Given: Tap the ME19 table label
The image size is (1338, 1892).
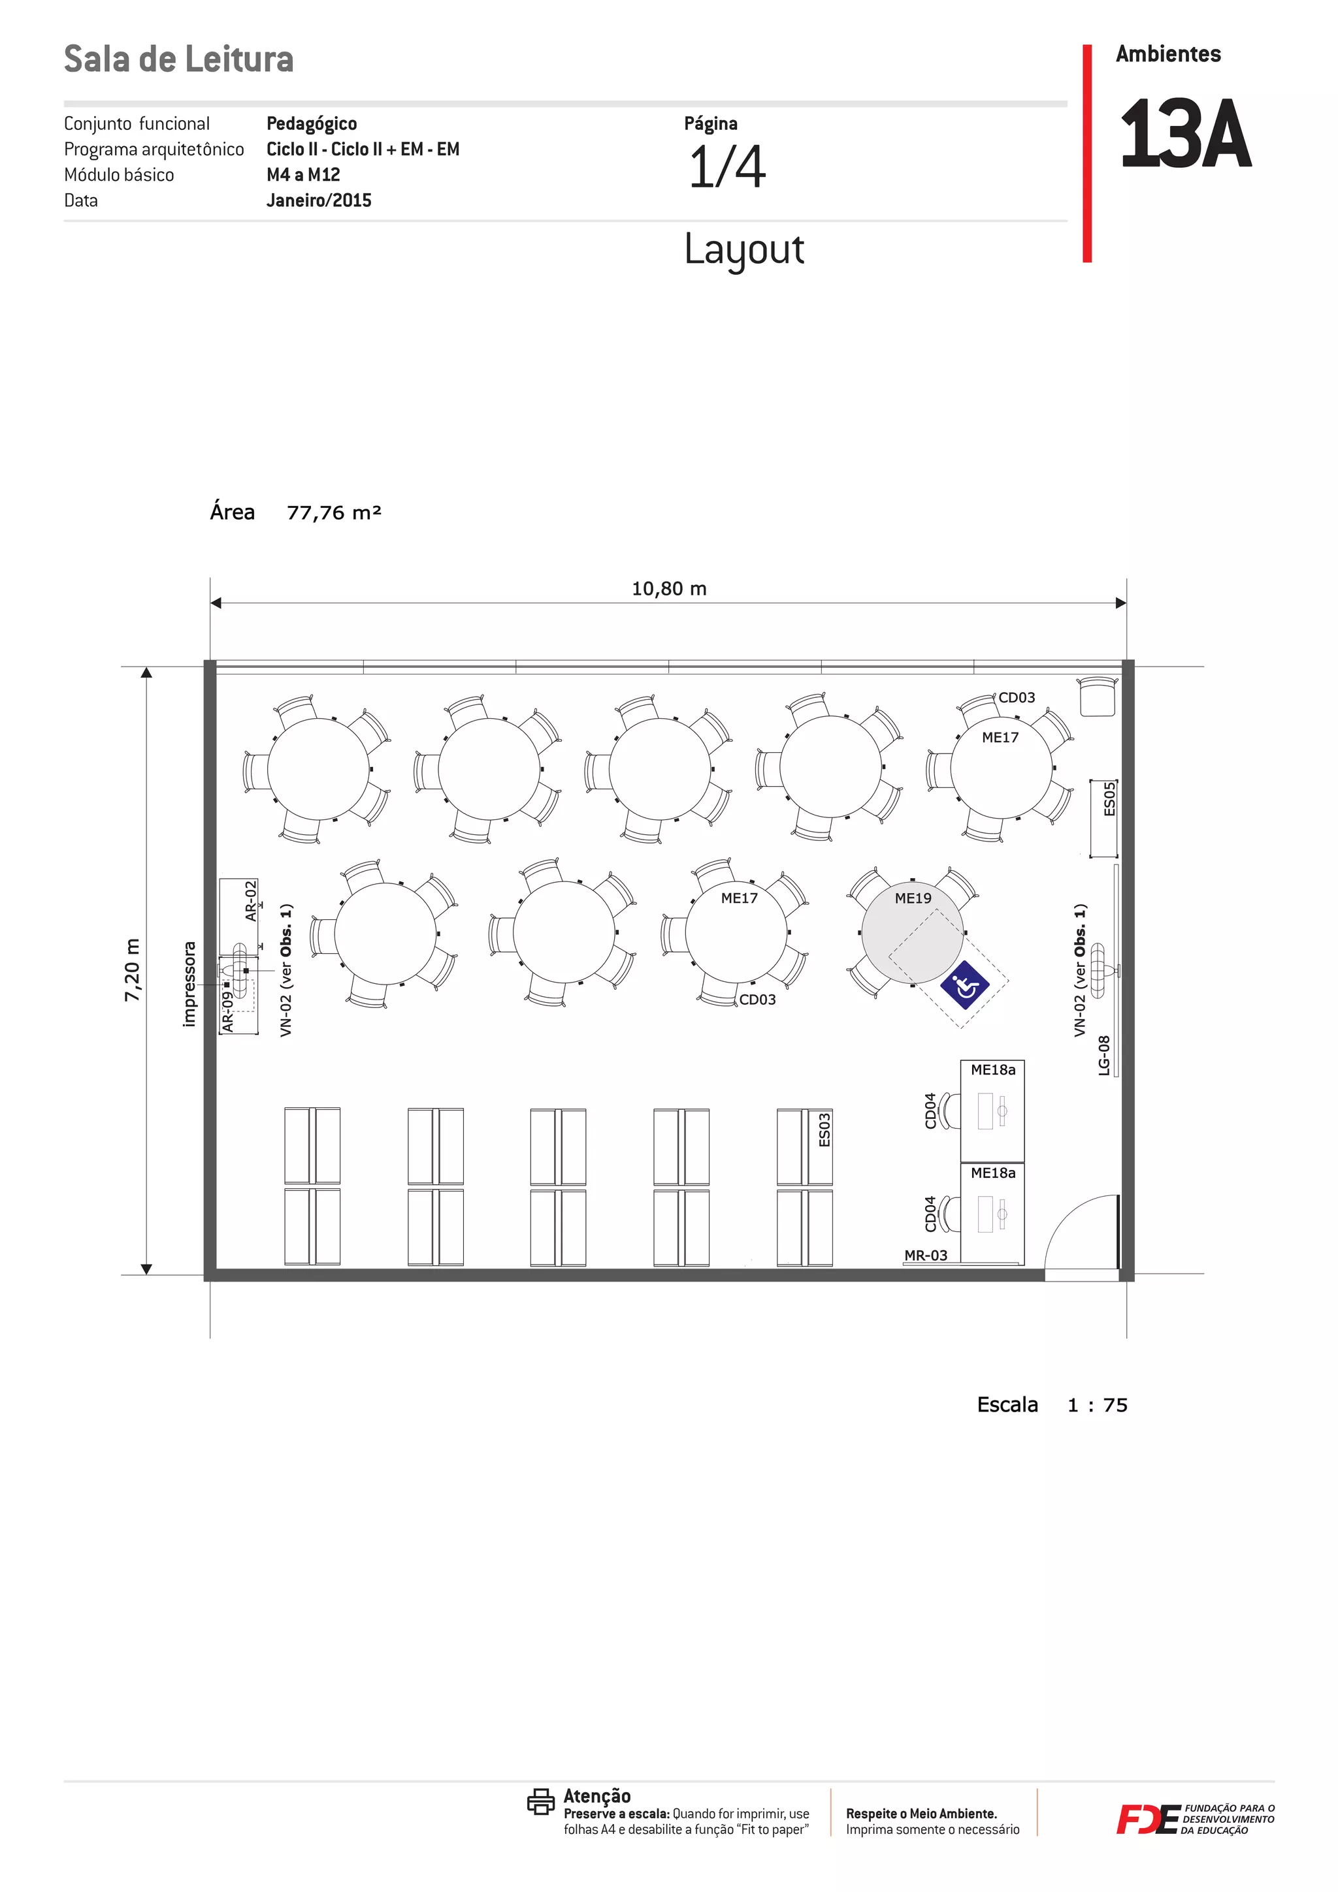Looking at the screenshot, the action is (913, 898).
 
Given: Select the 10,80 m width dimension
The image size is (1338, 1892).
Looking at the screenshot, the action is (668, 588).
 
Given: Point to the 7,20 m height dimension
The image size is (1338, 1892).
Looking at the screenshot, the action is (132, 970).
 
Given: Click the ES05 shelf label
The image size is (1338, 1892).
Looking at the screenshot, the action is (1109, 798).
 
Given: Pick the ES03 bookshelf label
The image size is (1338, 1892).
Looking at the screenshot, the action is (824, 1129).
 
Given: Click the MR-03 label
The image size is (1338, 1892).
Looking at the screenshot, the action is (926, 1255).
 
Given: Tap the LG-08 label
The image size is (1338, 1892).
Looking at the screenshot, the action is (1104, 1056).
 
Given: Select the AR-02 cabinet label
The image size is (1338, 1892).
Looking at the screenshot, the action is (251, 901).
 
